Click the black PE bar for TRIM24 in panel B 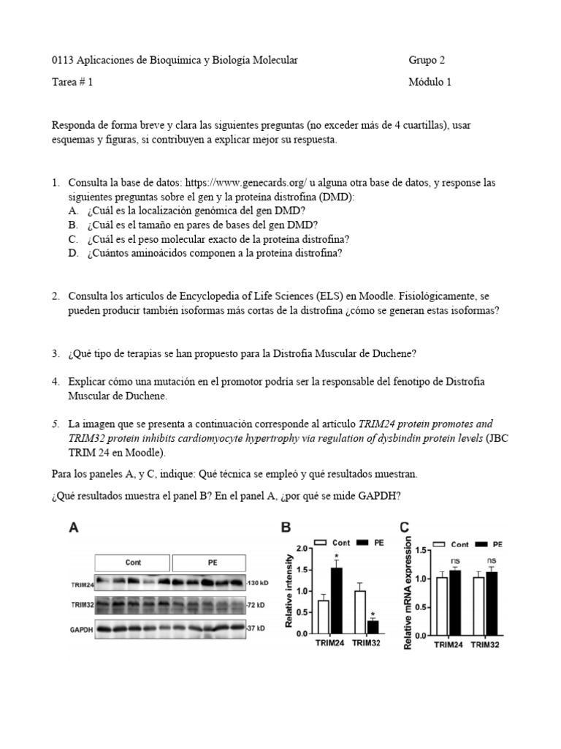pyautogui.click(x=337, y=601)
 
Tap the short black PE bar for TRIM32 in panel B pyautogui.click(x=373, y=627)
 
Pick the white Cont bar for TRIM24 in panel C pyautogui.click(x=440, y=606)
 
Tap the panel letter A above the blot pyautogui.click(x=74, y=527)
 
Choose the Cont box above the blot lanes pyautogui.click(x=133, y=562)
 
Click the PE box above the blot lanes pyautogui.click(x=212, y=562)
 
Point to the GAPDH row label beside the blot pyautogui.click(x=81, y=628)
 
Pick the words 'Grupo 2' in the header pyautogui.click(x=427, y=60)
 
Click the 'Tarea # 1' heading pyautogui.click(x=73, y=82)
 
